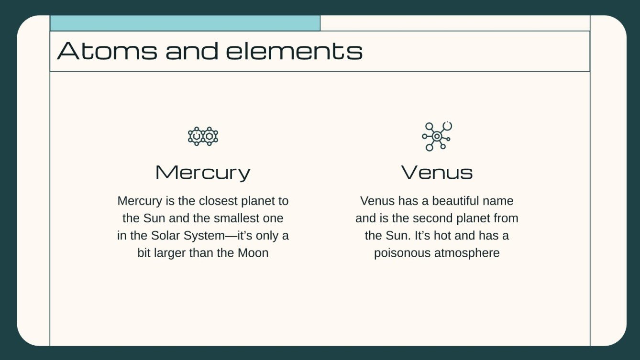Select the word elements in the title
(x=294, y=51)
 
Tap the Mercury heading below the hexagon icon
(x=203, y=172)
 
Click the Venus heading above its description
(x=437, y=172)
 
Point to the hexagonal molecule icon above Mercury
(x=203, y=136)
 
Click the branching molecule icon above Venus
(x=437, y=136)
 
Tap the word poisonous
(x=402, y=253)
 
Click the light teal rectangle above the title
(x=185, y=23)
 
